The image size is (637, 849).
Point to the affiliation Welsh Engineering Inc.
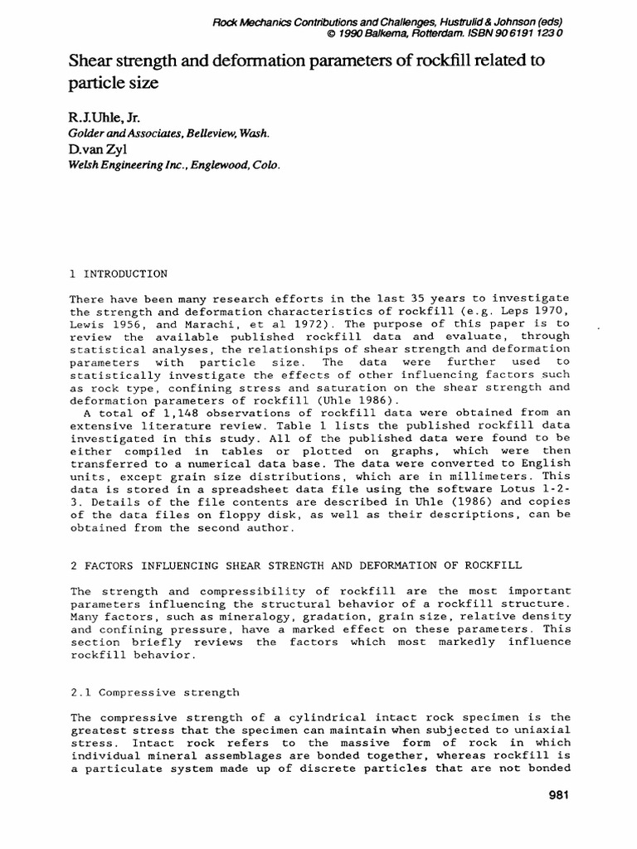[x=130, y=164]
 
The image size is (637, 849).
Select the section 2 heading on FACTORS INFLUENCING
[x=295, y=565]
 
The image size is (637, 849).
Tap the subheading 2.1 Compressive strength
[x=153, y=691]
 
